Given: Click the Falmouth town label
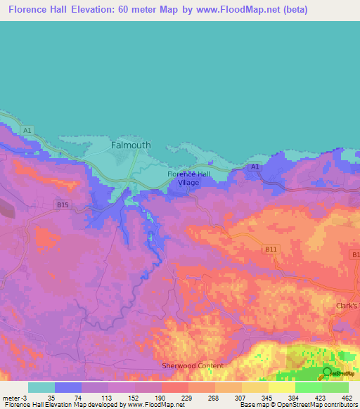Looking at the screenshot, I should pyautogui.click(x=131, y=145).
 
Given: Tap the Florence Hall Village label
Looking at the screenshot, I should pyautogui.click(x=188, y=178).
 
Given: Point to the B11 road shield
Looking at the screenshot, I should pyautogui.click(x=271, y=249).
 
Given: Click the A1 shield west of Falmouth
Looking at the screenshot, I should pyautogui.click(x=27, y=130).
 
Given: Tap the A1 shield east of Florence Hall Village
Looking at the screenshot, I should pyautogui.click(x=255, y=167).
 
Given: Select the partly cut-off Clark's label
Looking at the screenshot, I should pyautogui.click(x=346, y=306).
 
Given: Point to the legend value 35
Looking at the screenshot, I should pyautogui.click(x=51, y=397).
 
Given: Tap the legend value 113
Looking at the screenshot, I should pyautogui.click(x=105, y=397).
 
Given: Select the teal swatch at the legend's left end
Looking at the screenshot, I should pyautogui.click(x=41, y=387).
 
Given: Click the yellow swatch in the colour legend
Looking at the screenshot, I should pyautogui.click(x=282, y=387).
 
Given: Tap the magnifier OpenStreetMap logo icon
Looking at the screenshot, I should pyautogui.click(x=327, y=372).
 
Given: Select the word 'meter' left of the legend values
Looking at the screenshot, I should pyautogui.click(x=12, y=397).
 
